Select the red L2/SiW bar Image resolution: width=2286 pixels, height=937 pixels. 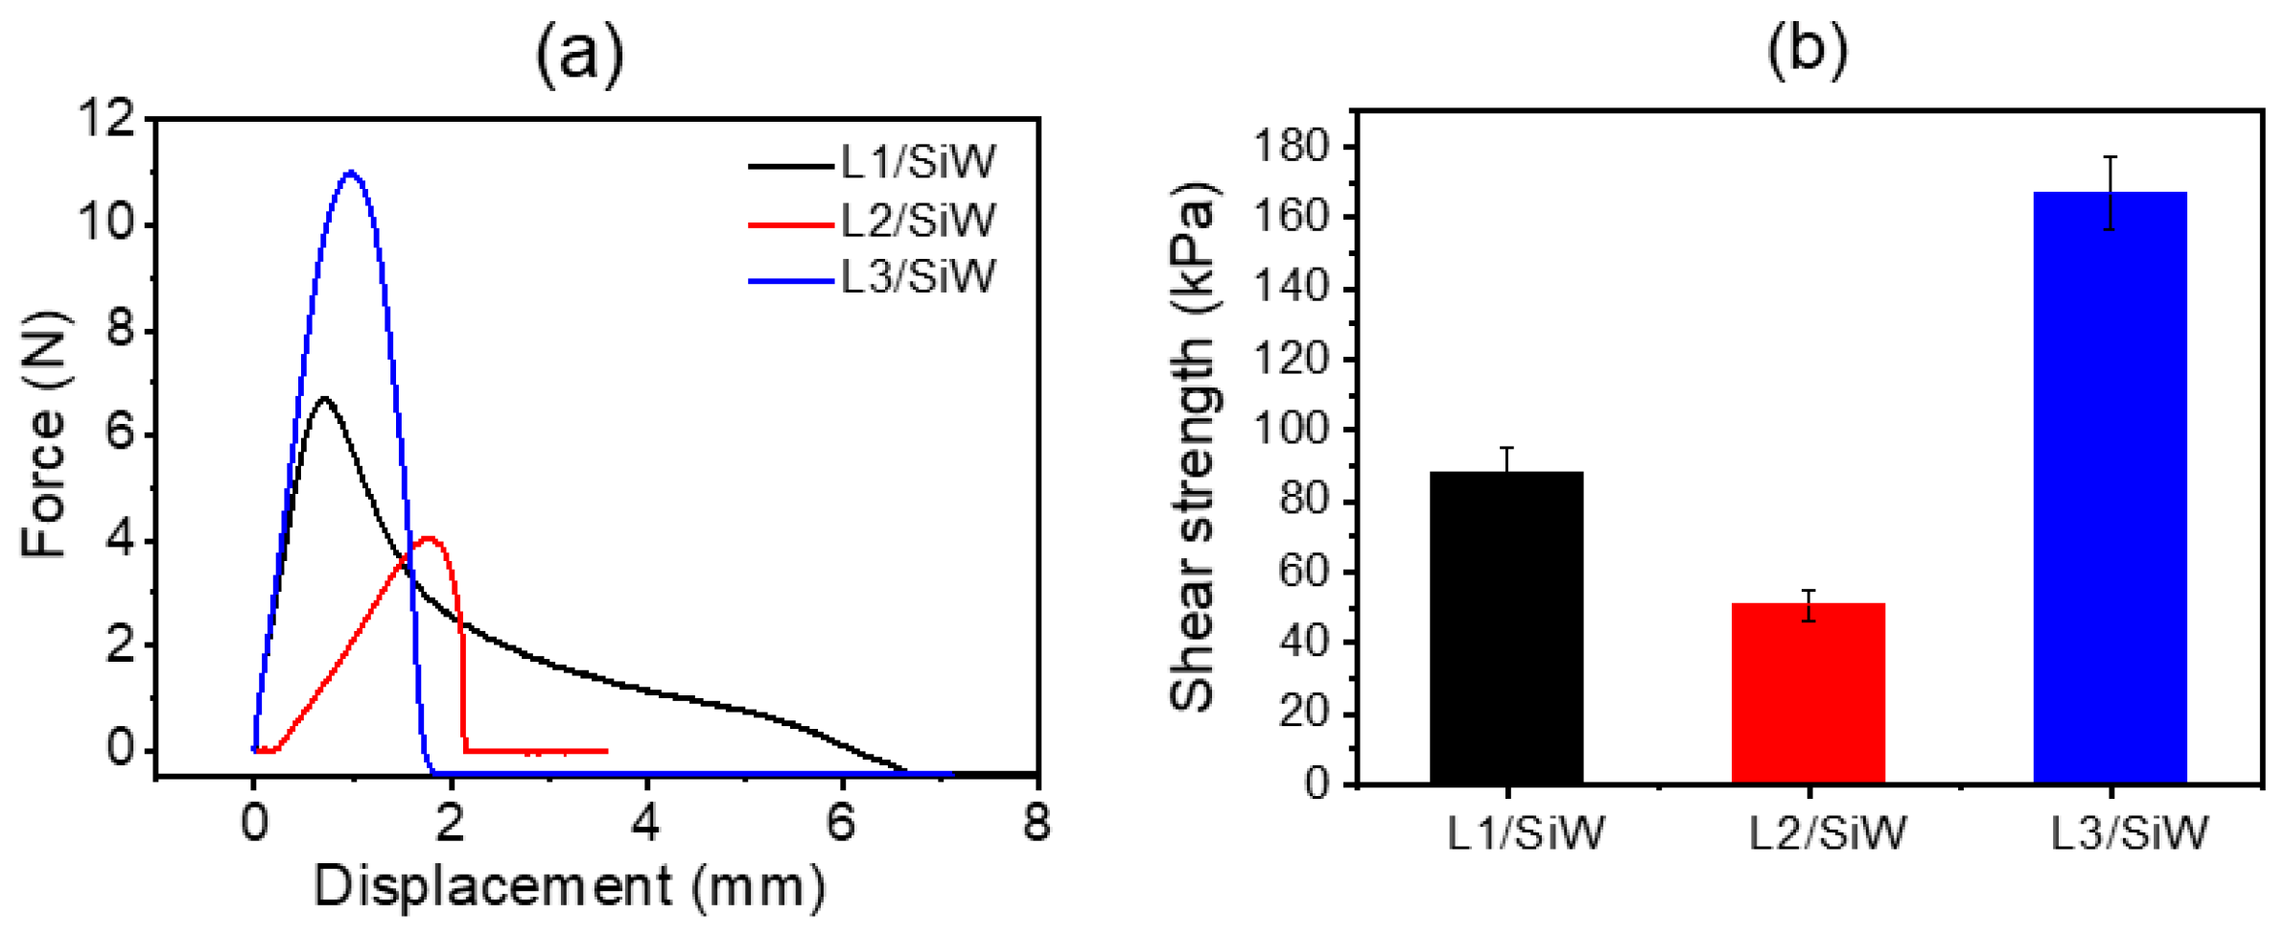(x=1808, y=692)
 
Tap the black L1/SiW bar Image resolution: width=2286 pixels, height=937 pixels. (x=1505, y=627)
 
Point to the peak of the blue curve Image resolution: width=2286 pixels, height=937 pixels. (x=351, y=173)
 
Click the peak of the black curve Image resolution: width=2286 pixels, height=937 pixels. (x=324, y=397)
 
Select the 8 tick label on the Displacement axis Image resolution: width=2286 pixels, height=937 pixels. (x=1036, y=823)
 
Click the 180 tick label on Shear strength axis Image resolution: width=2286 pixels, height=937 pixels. (x=1293, y=148)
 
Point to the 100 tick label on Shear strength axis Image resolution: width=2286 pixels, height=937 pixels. (x=1293, y=431)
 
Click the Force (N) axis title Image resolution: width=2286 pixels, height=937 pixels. (x=44, y=433)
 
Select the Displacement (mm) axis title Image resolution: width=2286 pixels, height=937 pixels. (x=570, y=886)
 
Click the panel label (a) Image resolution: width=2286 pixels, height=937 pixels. (x=579, y=53)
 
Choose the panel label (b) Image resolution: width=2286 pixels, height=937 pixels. (x=1807, y=48)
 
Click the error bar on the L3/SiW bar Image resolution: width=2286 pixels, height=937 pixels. (x=2110, y=193)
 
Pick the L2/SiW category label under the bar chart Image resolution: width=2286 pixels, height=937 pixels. (x=1828, y=833)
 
